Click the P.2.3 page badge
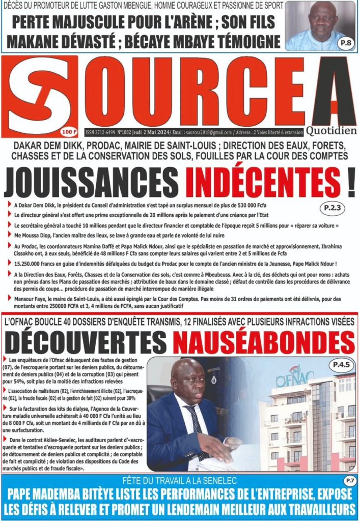pos(333,208)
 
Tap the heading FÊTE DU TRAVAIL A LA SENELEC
pos(180,480)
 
